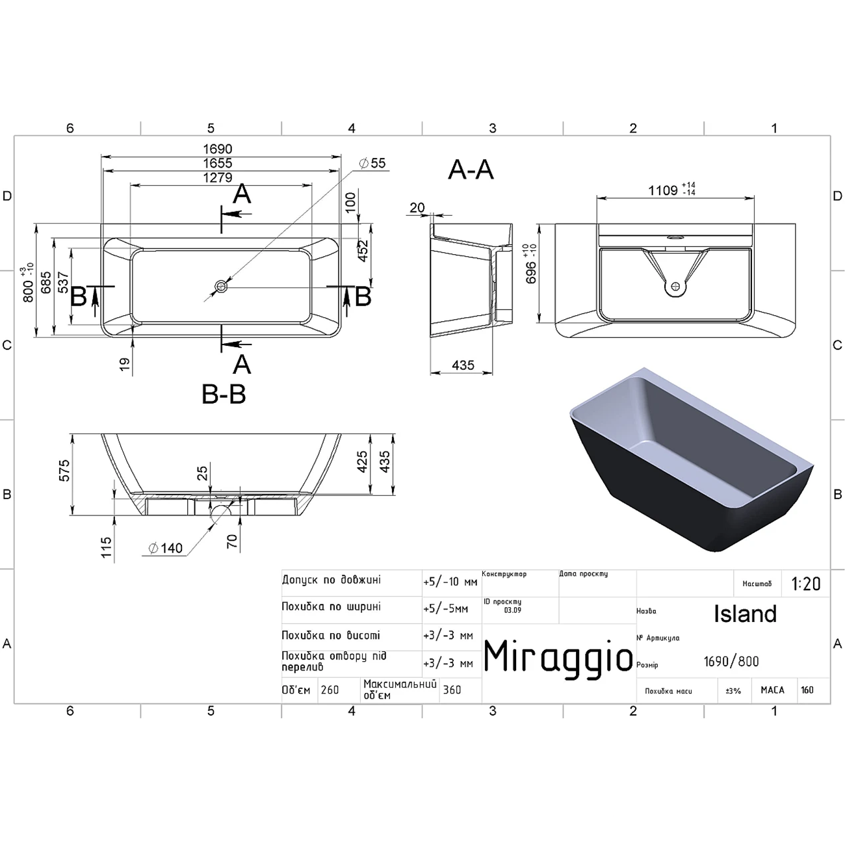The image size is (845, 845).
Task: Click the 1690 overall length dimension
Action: click(x=218, y=149)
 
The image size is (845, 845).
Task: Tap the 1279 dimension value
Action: click(x=218, y=177)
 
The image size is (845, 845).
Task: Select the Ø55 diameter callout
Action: click(x=372, y=163)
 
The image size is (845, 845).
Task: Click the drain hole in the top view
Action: click(x=220, y=287)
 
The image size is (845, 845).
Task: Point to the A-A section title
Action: click(x=471, y=170)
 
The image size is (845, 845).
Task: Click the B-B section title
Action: click(x=224, y=394)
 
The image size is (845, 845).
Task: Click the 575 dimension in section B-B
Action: click(x=64, y=470)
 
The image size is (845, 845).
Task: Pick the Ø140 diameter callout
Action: click(x=165, y=548)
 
